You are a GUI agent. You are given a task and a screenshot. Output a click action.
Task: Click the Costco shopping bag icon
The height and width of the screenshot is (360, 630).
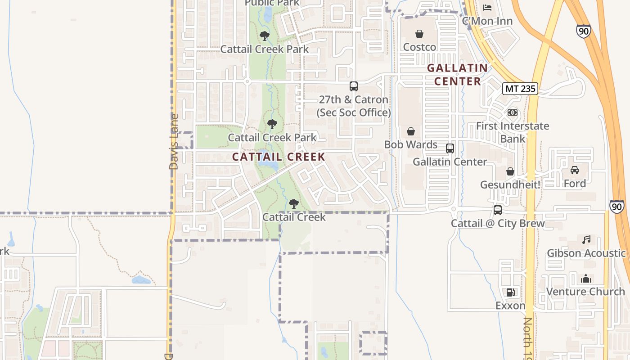[419, 34]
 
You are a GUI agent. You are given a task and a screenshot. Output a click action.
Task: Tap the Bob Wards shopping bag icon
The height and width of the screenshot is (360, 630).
[410, 131]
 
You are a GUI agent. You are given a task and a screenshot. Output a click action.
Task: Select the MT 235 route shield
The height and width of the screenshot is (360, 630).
[520, 89]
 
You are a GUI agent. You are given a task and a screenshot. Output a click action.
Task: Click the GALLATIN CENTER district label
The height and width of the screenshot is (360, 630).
[457, 75]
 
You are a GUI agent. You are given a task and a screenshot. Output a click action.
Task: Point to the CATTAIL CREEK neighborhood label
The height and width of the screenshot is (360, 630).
[279, 157]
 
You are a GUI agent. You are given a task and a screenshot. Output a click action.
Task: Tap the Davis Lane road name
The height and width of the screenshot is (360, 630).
[174, 141]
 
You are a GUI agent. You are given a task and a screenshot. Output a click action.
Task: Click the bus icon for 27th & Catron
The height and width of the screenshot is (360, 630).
[354, 86]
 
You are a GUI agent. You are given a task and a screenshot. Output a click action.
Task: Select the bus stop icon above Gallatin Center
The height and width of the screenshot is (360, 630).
[450, 148]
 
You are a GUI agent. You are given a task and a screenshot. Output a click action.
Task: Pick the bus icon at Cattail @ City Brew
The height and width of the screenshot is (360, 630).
[498, 210]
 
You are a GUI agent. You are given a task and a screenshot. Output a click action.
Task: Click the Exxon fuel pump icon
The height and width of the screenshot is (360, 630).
[510, 292]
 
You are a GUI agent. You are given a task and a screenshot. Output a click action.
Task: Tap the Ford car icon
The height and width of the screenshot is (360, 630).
[574, 170]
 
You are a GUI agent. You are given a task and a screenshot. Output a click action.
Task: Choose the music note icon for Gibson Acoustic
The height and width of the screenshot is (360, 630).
[586, 240]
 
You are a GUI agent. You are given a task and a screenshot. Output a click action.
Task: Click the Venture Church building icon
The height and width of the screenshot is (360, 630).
[585, 279]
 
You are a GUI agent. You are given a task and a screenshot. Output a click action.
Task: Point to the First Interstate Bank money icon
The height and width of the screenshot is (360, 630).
[512, 112]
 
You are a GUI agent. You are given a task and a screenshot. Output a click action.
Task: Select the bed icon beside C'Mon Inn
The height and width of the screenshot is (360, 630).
[487, 8]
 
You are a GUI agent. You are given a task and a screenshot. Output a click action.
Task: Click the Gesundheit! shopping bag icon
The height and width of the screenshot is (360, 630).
[510, 171]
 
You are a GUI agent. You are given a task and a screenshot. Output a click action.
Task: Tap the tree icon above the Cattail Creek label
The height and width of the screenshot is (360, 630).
[293, 204]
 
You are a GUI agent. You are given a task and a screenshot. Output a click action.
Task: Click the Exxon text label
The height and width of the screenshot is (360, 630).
[510, 306]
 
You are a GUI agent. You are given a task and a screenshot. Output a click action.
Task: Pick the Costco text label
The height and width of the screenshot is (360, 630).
[419, 47]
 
